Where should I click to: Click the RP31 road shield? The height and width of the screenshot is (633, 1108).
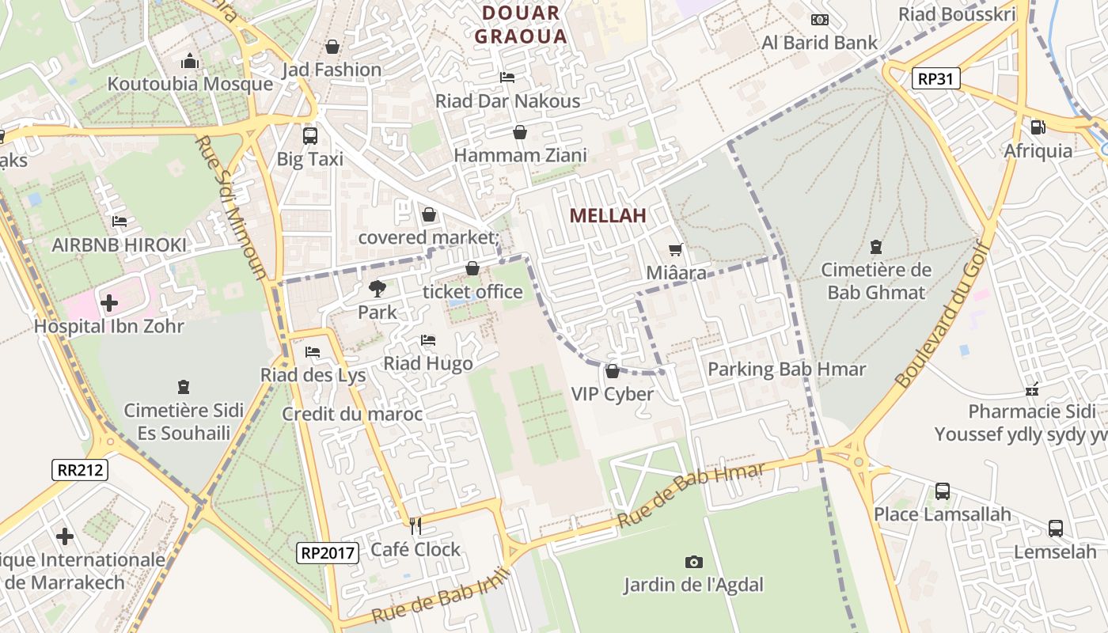pos(935,78)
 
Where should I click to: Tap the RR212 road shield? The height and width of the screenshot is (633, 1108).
pos(81,470)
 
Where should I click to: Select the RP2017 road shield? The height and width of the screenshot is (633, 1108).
pos(328,552)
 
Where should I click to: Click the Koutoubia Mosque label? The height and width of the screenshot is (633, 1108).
pos(190,84)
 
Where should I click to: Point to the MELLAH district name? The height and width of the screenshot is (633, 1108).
pos(608,215)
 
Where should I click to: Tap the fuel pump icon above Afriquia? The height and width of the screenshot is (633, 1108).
pos(1038,127)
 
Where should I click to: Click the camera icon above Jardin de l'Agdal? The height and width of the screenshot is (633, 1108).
pos(693,562)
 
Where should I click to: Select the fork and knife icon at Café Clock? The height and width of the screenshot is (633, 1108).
pos(415,526)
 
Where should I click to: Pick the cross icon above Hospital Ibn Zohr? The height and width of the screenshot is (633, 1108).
pos(108,302)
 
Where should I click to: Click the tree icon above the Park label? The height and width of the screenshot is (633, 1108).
pos(377,289)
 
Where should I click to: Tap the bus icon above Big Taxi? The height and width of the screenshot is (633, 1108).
pos(309,135)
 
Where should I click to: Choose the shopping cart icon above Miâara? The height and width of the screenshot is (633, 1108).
pos(675,250)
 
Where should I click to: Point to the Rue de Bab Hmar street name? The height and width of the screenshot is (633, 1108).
pos(691,496)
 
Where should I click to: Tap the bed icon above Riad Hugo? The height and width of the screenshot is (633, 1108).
pos(427,340)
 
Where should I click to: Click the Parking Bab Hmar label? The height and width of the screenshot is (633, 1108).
pos(787,370)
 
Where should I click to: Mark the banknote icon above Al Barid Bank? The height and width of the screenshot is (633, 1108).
pos(819,20)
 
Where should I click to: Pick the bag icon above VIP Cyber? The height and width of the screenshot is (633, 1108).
pos(612,370)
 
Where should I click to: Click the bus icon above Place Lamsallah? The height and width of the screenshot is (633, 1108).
pos(942,491)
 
